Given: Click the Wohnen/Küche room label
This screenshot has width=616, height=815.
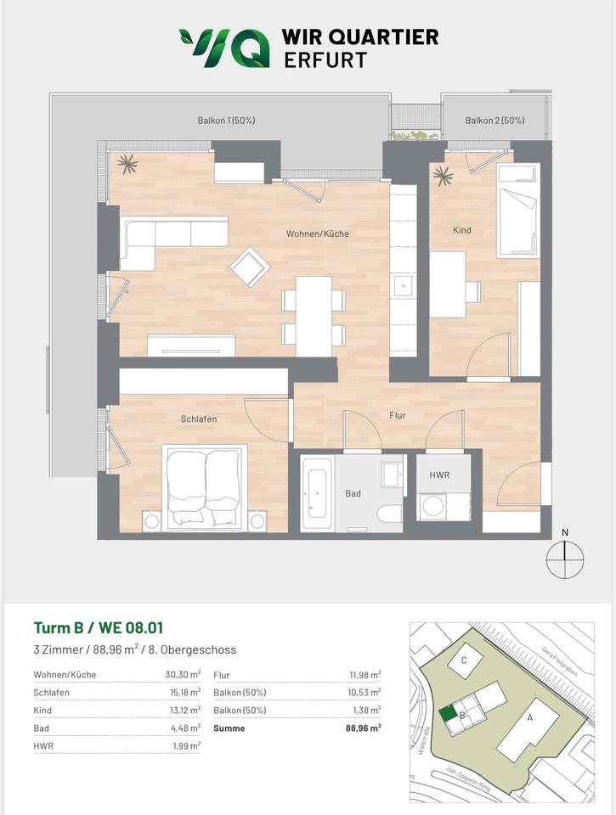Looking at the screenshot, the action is (318, 234).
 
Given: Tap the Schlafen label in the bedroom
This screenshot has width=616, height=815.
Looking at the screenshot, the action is (199, 419).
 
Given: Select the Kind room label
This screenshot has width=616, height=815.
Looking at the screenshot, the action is (462, 230).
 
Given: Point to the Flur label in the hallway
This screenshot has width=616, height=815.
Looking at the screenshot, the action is (398, 415).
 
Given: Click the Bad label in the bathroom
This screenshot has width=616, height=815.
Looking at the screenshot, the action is (353, 493).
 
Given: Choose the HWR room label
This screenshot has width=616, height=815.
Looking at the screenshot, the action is (439, 475).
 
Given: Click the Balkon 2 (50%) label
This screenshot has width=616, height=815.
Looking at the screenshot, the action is (494, 121).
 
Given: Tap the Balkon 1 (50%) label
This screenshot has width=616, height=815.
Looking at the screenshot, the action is (226, 121).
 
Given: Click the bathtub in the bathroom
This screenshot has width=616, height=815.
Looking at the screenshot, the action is (318, 492).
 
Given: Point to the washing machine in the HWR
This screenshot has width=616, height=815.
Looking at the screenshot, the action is (432, 506).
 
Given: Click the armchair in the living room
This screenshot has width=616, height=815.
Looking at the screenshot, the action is (251, 267).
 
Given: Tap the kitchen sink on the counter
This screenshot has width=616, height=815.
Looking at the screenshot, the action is (404, 285).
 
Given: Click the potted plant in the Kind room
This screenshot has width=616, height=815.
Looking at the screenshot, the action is (443, 177).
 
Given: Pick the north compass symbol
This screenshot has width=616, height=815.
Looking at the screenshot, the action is (565, 559).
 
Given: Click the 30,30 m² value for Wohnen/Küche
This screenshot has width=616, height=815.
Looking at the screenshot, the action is (183, 675).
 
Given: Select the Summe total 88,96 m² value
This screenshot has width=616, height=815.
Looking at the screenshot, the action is (363, 728).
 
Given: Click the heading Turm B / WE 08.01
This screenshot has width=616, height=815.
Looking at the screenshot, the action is (99, 628).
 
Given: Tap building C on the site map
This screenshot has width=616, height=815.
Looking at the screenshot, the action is (465, 660).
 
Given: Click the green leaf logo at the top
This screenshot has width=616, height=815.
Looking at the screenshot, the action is (225, 48).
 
